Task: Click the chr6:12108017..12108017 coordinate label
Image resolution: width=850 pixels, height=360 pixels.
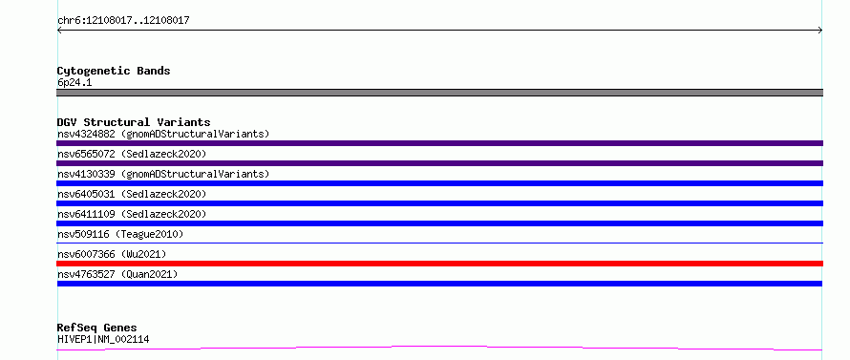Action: pos(123,21)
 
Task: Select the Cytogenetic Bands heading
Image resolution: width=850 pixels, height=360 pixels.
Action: pos(114,71)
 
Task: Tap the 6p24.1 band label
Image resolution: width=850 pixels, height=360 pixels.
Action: pos(74,82)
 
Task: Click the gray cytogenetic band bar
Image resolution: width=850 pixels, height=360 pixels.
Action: pos(439,93)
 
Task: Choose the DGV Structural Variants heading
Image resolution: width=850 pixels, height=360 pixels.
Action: pos(134,122)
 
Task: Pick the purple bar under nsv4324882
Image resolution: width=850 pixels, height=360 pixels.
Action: pos(439,143)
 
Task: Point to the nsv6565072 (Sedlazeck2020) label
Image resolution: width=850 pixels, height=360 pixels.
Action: pos(132,154)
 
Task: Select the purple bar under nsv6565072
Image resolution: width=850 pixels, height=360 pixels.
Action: pos(439,163)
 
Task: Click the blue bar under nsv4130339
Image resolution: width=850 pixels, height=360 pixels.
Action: pos(439,183)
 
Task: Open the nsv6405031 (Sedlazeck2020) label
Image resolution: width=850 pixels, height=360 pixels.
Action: pos(132,194)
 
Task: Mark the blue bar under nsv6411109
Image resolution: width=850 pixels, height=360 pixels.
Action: pos(439,223)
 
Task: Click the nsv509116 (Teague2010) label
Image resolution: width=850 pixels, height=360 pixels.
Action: pos(120,234)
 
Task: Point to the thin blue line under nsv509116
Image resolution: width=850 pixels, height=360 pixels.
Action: pos(439,243)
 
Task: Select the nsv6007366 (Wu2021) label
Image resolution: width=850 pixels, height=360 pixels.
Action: pos(112,254)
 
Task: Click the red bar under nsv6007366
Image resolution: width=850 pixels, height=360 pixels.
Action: pos(439,264)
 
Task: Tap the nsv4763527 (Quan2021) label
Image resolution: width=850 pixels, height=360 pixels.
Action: pos(117,274)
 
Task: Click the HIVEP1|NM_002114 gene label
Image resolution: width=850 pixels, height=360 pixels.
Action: pos(103,339)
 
